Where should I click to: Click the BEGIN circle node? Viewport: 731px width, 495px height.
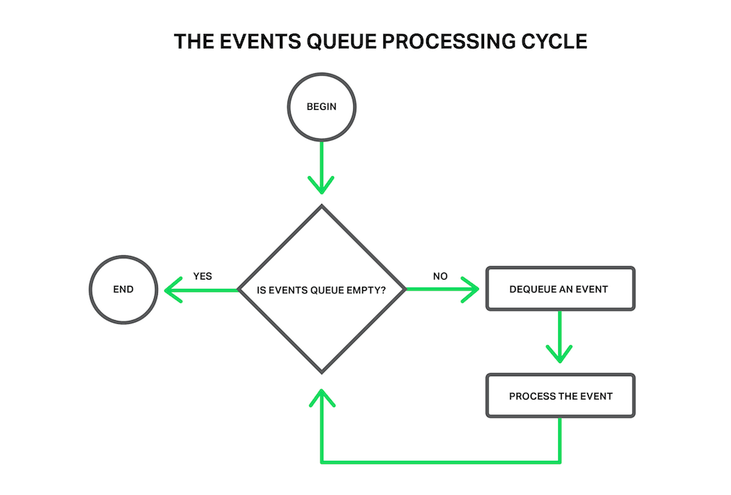pyautogui.click(x=321, y=107)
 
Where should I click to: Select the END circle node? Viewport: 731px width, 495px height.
pyautogui.click(x=123, y=290)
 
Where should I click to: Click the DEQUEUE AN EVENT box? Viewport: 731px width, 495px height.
pyautogui.click(x=560, y=290)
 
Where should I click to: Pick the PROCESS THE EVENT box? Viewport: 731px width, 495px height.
pyautogui.click(x=560, y=396)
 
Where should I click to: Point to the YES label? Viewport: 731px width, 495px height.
pyautogui.click(x=203, y=276)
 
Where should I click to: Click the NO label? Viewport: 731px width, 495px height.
pyautogui.click(x=440, y=276)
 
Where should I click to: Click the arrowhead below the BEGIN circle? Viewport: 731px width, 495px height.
pyautogui.click(x=321, y=187)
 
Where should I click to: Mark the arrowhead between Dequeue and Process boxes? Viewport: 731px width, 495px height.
pyautogui.click(x=560, y=352)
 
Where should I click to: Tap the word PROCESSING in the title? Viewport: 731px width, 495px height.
pyautogui.click(x=444, y=41)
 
